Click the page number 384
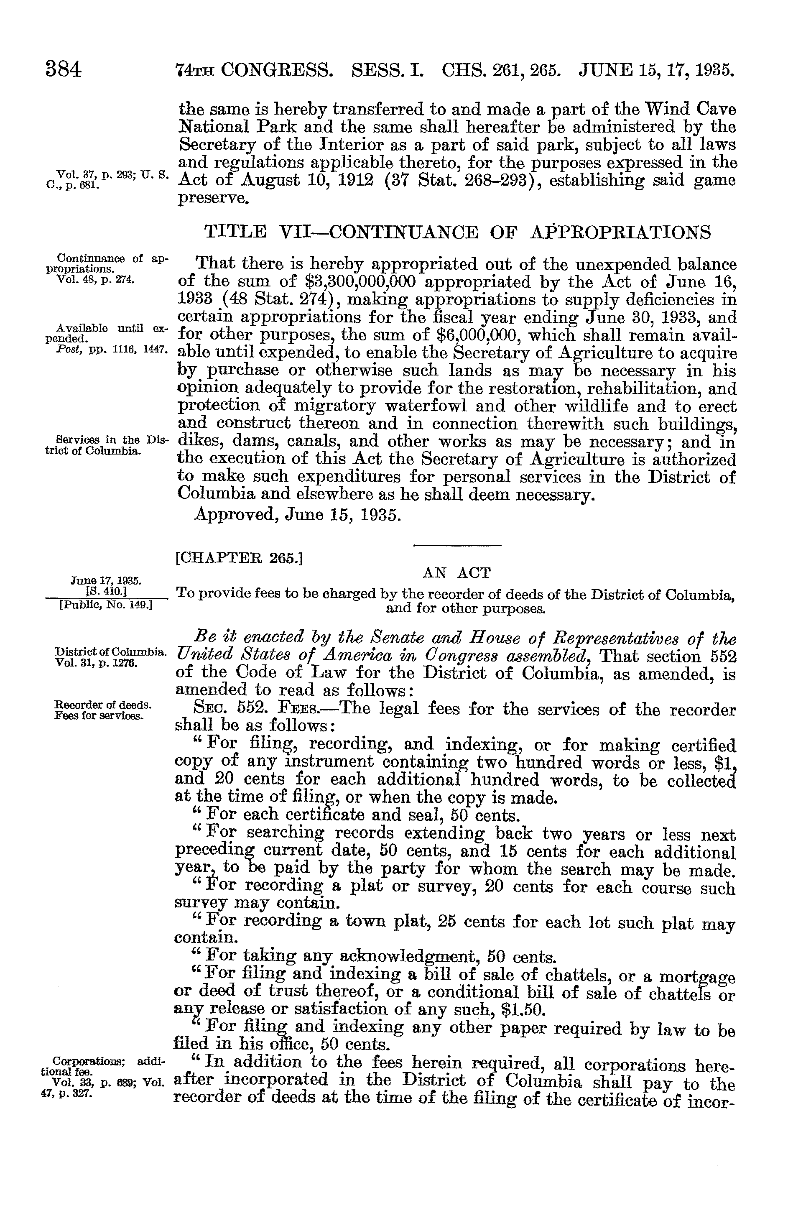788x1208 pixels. coord(64,69)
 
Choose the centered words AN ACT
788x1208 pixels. coord(456,573)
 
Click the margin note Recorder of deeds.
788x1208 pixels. coord(102,705)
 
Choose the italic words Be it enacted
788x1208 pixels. coord(249,638)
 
